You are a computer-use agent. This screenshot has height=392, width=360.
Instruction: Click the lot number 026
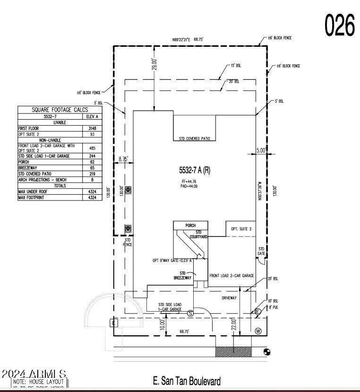click(x=340, y=25)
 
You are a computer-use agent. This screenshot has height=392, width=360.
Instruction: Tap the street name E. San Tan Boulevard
click(x=187, y=381)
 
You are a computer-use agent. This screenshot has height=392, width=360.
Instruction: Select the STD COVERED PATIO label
click(x=194, y=139)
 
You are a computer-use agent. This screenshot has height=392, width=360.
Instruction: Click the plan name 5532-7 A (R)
click(x=194, y=170)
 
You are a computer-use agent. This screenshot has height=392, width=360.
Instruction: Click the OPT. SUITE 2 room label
click(x=241, y=229)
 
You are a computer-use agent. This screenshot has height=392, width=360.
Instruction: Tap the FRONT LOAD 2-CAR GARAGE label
click(x=231, y=275)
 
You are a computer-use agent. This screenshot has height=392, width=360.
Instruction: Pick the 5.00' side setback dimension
click(x=261, y=151)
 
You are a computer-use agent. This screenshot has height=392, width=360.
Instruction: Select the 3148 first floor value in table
click(x=92, y=128)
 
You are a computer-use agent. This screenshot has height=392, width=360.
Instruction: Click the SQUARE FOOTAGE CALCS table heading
click(x=60, y=110)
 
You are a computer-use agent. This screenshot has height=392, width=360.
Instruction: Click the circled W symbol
click(x=258, y=331)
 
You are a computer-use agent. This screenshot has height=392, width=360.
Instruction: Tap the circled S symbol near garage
click(x=190, y=313)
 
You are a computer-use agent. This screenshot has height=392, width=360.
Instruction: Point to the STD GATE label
click(x=261, y=252)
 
